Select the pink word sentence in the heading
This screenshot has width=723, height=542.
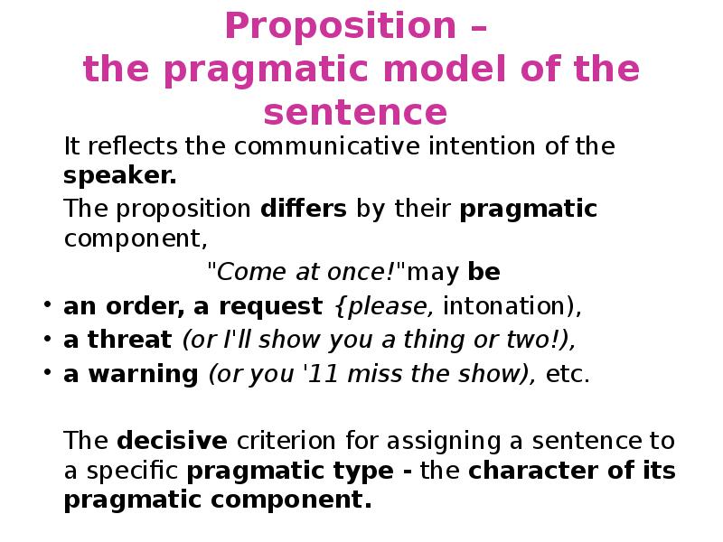point(355,114)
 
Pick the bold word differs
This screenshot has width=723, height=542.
point(304,210)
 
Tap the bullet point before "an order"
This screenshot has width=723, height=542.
point(45,306)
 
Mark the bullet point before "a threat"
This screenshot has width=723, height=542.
point(45,341)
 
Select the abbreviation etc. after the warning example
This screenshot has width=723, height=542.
point(569,375)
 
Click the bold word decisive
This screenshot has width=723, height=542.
point(173,441)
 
